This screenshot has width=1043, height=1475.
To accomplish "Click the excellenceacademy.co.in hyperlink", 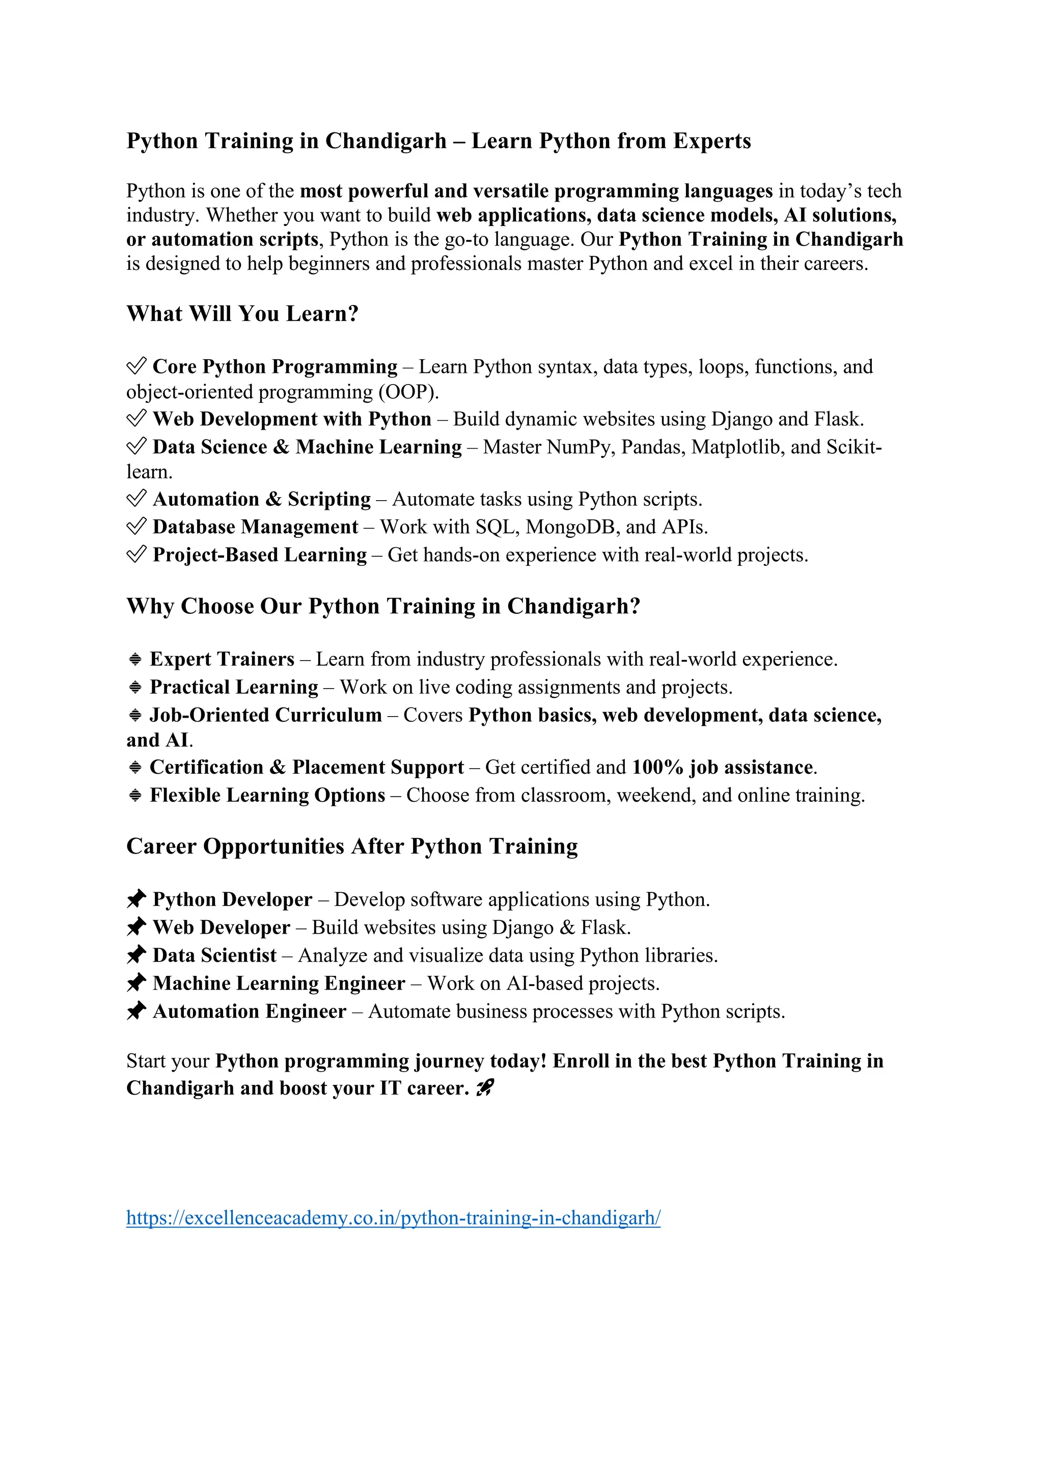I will (x=393, y=1217).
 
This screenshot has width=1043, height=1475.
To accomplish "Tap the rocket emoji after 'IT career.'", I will (x=485, y=1088).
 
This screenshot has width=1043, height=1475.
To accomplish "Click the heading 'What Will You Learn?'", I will (x=242, y=314).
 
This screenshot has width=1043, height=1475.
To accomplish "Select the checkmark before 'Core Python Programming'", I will (x=136, y=366).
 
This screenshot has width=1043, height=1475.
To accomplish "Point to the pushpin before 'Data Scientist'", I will (x=136, y=955).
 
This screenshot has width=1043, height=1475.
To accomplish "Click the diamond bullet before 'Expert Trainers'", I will (x=135, y=659).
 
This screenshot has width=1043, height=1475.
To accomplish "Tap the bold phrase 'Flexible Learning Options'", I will (x=267, y=796).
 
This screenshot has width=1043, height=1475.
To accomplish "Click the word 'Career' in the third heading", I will (x=161, y=846).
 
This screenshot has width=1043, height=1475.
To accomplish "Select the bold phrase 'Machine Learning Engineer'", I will (x=279, y=984).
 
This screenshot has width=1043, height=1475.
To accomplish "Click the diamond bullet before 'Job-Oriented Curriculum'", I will (x=135, y=715).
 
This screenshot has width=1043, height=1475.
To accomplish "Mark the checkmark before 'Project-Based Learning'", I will (x=136, y=555).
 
